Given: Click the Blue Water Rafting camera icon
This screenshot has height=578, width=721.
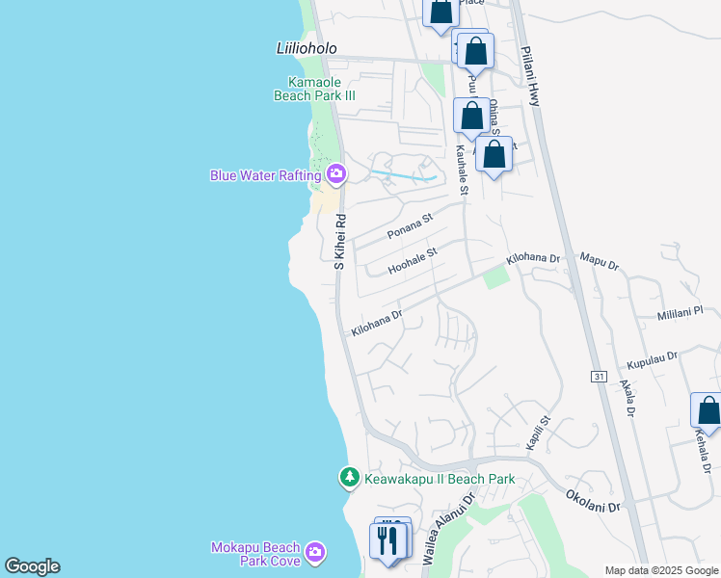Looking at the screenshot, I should coord(336,174).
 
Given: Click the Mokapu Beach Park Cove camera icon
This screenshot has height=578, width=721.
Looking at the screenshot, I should coord(315,553).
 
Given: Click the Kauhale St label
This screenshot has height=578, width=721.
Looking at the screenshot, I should coord(462,170).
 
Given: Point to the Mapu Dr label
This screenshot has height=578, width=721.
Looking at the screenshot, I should coord(600,259).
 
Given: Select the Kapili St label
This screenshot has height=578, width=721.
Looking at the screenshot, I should coord(537,433).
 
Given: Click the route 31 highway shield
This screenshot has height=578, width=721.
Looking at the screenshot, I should coord(600,376).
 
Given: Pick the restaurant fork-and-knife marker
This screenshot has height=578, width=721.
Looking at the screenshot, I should coord(388,540).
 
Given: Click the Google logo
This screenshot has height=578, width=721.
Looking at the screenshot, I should coord(32,566).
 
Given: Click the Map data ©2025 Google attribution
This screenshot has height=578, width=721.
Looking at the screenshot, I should coord(661,570).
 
